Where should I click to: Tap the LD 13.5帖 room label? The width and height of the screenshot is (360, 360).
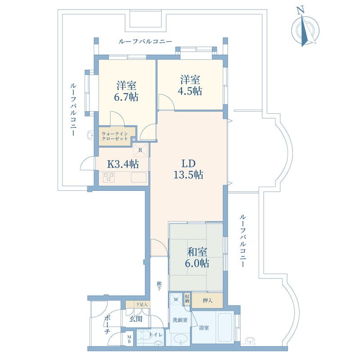click(188, 169)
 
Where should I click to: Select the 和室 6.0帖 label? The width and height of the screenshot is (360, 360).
click(197, 257)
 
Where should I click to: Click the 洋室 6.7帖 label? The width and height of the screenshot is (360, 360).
click(126, 91)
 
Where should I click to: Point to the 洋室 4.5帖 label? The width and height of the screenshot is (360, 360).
click(190, 85)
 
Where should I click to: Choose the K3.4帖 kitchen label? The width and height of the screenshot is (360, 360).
click(123, 164)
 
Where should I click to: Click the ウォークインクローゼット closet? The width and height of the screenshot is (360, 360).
click(117, 136)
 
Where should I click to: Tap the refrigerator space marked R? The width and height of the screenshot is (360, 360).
click(140, 150)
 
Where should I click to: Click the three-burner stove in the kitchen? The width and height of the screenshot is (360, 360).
click(109, 177)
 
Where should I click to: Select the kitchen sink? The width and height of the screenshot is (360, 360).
click(139, 177)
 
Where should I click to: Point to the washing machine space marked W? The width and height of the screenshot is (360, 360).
click(176, 300)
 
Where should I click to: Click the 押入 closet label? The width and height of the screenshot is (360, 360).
click(207, 300)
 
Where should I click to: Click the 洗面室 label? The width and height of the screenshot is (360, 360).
click(180, 320)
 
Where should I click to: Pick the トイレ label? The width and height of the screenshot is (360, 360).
click(156, 335)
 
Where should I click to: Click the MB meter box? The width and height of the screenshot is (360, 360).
click(129, 339)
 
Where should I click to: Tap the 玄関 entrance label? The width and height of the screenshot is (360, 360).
click(136, 319)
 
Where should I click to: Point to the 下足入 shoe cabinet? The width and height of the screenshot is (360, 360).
click(138, 305)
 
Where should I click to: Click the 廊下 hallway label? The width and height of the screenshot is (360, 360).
click(159, 286)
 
